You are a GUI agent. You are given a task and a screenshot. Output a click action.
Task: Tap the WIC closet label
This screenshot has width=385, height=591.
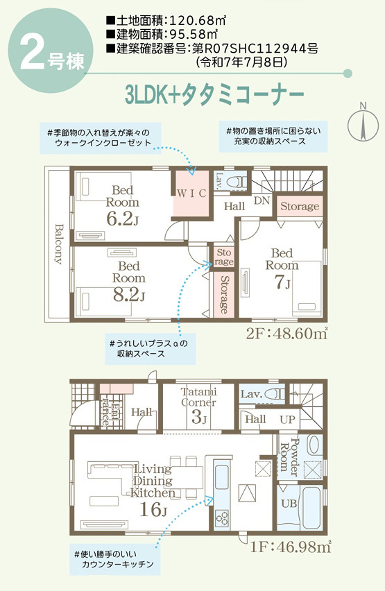coord(191,194)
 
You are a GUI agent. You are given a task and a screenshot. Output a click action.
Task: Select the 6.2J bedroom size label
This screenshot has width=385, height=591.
coord(122,219)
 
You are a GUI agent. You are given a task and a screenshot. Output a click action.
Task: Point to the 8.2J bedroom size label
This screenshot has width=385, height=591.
coord(128,295)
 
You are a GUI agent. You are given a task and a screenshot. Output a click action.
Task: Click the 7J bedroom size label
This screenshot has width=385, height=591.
coord(282,282)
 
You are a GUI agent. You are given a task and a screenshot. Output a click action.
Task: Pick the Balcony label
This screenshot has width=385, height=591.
coord(58,244)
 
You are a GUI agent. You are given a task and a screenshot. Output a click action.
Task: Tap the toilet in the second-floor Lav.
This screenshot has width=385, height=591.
coord(237,181)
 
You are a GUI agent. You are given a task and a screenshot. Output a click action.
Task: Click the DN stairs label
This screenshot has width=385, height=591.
coord(262,200)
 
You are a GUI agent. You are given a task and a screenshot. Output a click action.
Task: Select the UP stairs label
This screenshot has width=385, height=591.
coord(287,419)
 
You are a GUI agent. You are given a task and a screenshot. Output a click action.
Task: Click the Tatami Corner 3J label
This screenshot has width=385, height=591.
coord(198,405)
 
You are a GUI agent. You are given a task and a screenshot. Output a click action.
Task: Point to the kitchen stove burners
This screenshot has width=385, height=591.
coord(222,518)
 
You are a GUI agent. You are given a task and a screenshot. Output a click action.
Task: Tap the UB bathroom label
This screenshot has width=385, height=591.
coord(289,503)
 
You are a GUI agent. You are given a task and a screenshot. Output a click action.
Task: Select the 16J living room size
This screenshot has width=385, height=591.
coord(153,510)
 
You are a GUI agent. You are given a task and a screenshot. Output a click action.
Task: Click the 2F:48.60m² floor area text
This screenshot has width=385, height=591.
coord(286,333)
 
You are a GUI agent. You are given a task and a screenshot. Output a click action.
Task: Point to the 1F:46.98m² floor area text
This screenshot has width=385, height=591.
coord(291,547)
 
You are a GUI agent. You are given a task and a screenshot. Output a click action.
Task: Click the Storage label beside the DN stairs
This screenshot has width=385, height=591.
coord(300,206)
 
